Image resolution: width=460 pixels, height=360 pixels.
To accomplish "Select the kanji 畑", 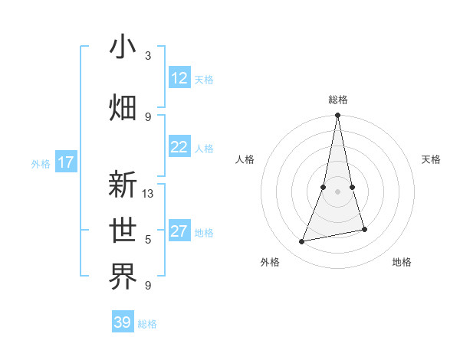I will [123, 106].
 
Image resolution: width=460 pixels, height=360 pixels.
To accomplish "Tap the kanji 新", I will [123, 185].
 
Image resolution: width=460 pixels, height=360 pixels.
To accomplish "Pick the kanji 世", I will [123, 229].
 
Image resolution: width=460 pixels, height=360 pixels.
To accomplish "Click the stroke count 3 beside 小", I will [148, 56].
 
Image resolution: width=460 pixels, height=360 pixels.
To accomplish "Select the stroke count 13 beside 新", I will [148, 194].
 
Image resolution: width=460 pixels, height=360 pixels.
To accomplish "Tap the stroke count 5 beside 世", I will [148, 240].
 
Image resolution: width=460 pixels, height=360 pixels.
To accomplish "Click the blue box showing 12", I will [179, 78].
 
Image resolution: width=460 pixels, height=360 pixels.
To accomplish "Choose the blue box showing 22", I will [179, 147].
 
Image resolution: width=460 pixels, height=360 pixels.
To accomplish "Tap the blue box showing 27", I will [179, 231].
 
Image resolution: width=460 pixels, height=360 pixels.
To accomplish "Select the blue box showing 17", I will [66, 162].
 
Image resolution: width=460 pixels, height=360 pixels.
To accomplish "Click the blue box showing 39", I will [123, 322].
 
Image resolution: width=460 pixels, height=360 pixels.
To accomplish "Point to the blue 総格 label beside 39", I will [147, 324].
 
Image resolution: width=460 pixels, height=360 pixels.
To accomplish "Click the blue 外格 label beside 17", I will [41, 164].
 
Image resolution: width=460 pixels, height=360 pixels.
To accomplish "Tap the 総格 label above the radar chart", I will [337, 100].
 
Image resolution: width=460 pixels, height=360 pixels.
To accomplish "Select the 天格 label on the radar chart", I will [431, 159].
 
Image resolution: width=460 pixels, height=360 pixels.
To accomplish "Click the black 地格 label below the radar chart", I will [402, 262].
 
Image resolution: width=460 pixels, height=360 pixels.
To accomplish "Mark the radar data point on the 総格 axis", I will [337, 116].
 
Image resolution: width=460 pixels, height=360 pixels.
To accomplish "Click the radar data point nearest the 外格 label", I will [302, 242].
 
